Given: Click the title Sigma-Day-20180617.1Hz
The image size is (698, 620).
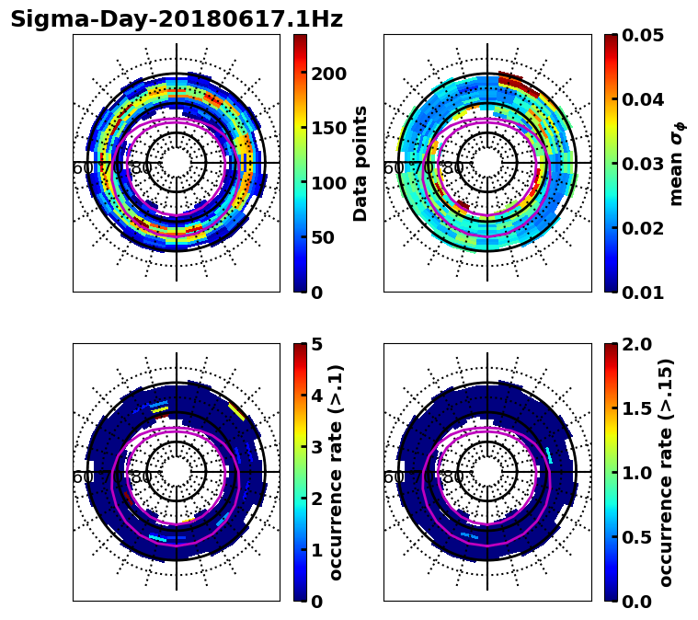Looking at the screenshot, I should pos(177,19).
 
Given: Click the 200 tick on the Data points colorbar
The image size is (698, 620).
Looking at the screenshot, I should pos(328,74).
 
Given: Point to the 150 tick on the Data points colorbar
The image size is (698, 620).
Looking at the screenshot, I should pos(328,128).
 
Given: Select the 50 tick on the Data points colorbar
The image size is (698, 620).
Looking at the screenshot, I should pos(323,237).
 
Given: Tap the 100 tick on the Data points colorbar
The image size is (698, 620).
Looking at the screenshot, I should pos(328,183).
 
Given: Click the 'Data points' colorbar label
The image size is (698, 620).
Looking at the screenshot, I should pos(360,163).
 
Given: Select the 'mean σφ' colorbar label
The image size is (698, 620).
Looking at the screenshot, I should pos(677,163).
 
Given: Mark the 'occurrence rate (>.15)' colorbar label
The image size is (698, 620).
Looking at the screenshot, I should pos(666,472).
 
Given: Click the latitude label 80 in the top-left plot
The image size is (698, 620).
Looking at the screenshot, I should pos(142,168).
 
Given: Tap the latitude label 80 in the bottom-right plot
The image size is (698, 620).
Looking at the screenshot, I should pos(452,477).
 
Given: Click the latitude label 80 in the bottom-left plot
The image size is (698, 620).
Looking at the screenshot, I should pos(142,477).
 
